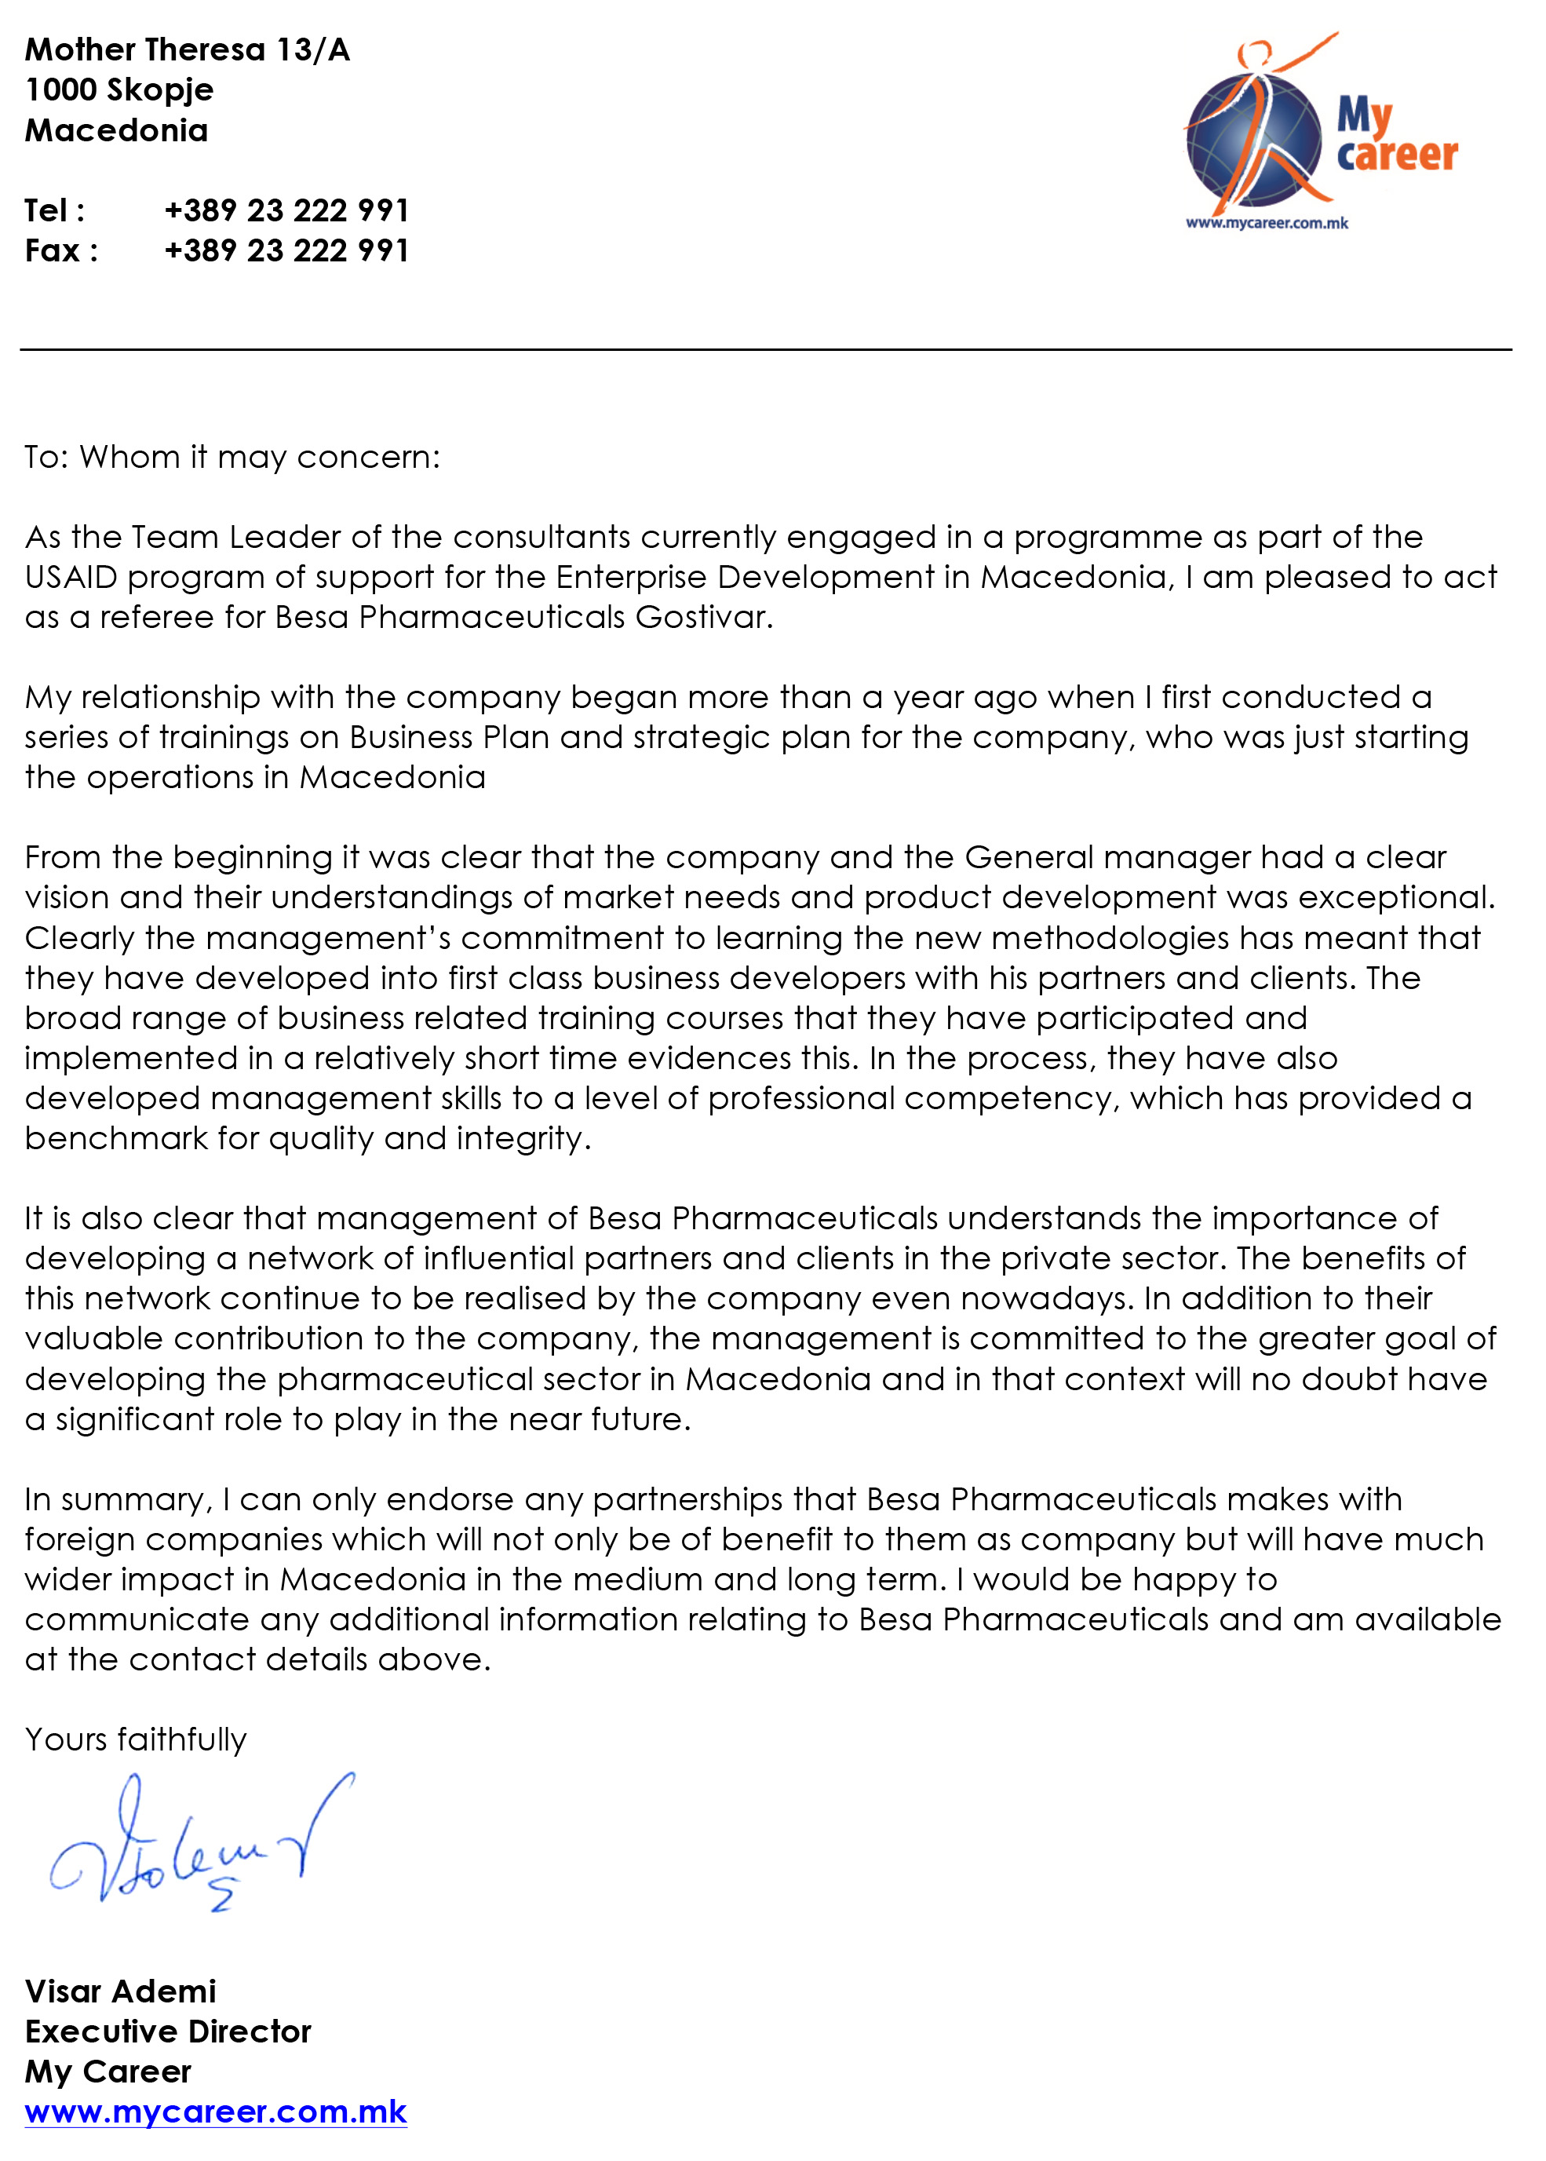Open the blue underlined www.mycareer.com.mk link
[215, 2112]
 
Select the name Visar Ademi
[121, 1991]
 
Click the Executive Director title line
[167, 2031]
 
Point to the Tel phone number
[286, 210]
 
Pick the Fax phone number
[286, 250]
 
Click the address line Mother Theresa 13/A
[188, 49]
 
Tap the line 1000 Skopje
[119, 89]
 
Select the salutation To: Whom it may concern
[232, 458]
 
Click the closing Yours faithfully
[135, 1739]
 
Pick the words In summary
[115, 1500]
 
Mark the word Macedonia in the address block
[116, 130]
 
